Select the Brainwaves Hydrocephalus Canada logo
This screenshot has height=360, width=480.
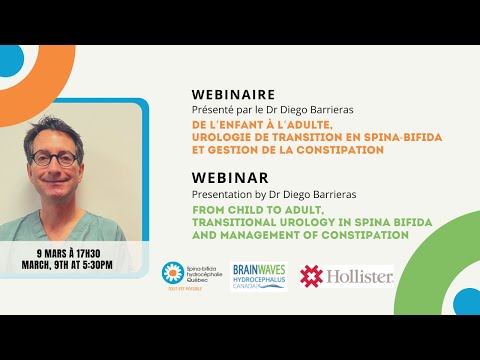click(x=260, y=274)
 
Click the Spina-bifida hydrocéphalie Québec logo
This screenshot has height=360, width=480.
click(x=187, y=276)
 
